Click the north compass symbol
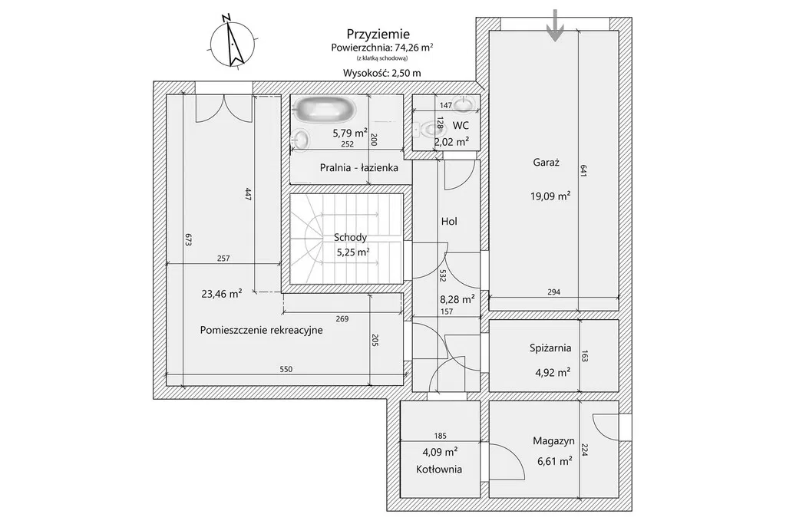pos(233,43)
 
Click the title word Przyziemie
pos(378,34)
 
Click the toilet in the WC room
pos(427,131)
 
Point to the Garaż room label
pos(545,163)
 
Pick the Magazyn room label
pos(553,441)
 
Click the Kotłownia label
pos(439,470)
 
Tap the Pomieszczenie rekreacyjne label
pos(261,331)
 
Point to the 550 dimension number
pos(286,370)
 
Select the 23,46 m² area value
pos(222,292)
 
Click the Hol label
pos(450,221)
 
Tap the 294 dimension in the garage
pos(553,292)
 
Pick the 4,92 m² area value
pos(551,374)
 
